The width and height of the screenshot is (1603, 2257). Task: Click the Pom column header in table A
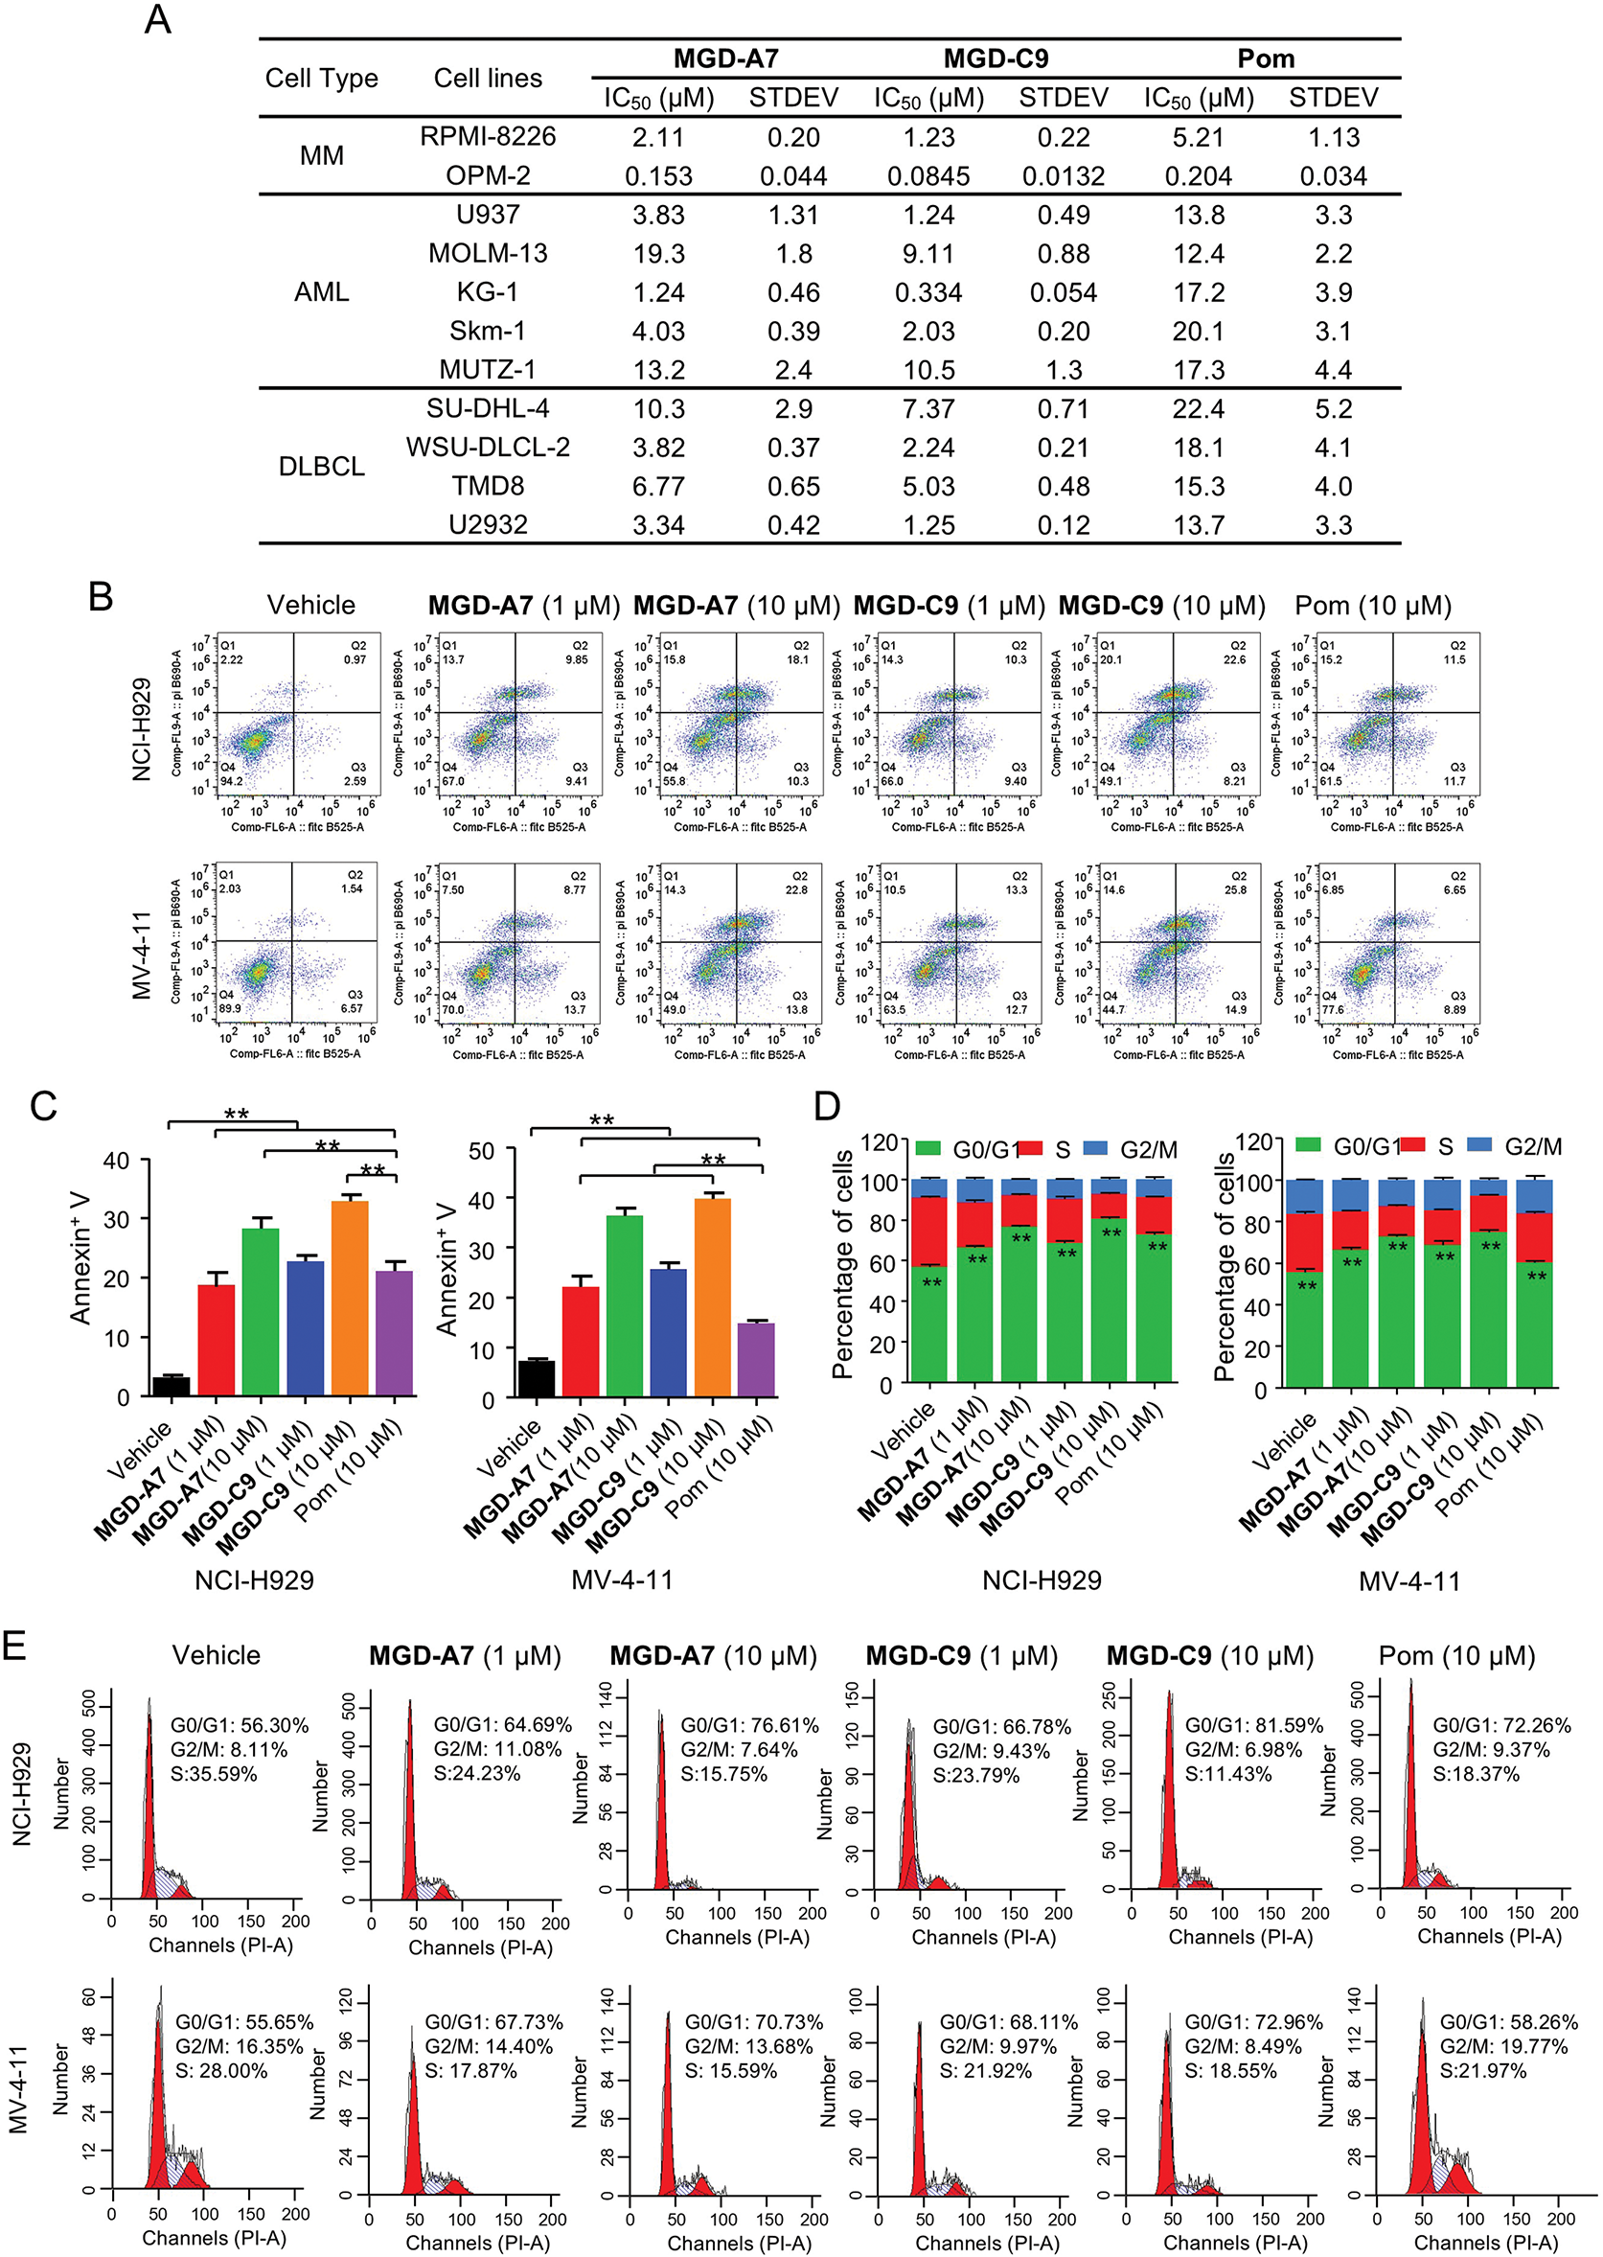coord(1266,58)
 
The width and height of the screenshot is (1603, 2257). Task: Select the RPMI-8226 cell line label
coord(488,136)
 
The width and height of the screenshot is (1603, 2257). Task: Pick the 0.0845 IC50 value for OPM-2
coord(927,175)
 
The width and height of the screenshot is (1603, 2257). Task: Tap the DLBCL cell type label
coord(321,466)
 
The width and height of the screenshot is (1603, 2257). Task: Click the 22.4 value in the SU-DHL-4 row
coord(1199,408)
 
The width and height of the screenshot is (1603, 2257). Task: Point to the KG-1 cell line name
coord(488,292)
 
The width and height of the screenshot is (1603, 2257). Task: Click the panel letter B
coord(100,597)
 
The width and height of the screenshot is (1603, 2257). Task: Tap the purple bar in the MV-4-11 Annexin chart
coord(756,1360)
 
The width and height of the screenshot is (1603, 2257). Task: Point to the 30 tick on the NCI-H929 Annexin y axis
coord(117,1219)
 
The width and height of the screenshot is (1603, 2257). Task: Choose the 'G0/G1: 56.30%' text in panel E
coord(240,1725)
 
